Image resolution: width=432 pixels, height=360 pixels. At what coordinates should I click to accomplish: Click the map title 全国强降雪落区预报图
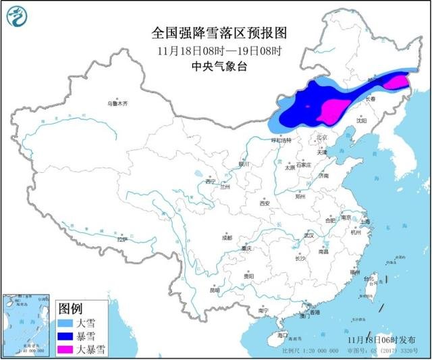point(216,32)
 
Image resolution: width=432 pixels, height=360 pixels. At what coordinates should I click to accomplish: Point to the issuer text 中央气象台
point(216,66)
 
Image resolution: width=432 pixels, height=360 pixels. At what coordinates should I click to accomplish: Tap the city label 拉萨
point(121,239)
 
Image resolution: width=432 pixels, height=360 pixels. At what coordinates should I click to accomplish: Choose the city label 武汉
point(309,236)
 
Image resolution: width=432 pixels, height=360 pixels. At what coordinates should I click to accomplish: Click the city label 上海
point(364,221)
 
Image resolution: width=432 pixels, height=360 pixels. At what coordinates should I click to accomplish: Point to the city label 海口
point(283,335)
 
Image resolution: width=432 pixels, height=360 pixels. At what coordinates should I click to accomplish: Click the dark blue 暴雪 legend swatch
point(65,336)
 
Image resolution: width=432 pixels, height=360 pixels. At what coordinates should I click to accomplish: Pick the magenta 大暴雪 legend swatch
point(65,349)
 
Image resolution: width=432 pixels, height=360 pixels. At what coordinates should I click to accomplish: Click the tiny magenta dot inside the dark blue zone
point(308,106)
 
